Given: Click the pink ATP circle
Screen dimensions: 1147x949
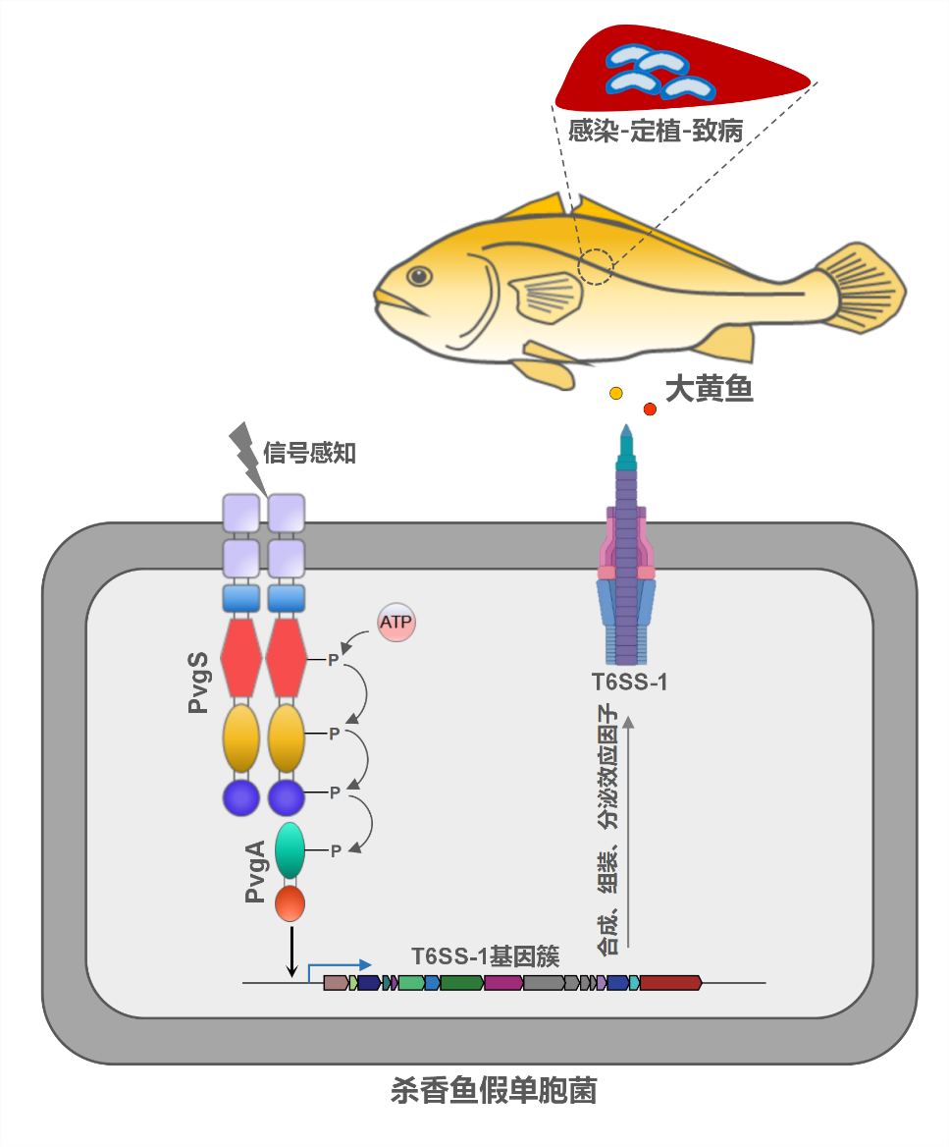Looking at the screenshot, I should [x=396, y=622].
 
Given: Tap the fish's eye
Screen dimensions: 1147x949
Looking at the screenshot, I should [x=419, y=276].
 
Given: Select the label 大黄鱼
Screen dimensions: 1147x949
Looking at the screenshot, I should [x=709, y=390].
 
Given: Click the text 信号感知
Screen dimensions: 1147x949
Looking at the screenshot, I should [x=309, y=453].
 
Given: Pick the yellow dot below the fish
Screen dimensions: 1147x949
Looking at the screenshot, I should [x=616, y=393].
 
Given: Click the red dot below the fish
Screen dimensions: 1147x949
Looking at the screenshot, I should [x=650, y=409].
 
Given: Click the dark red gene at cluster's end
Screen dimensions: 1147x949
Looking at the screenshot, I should [x=670, y=982].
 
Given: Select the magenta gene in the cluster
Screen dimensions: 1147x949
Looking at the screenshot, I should [x=502, y=982].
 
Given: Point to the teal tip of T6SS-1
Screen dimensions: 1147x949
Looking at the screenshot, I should [x=627, y=447].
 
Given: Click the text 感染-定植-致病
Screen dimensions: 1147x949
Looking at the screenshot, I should [x=655, y=130].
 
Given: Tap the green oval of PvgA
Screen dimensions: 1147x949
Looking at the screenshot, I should [x=290, y=850].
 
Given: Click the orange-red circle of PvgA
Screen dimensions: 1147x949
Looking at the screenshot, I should [x=290, y=903].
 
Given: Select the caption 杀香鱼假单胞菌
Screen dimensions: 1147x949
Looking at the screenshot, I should [x=494, y=1091].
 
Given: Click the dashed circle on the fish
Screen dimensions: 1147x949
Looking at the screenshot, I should [x=596, y=266].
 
